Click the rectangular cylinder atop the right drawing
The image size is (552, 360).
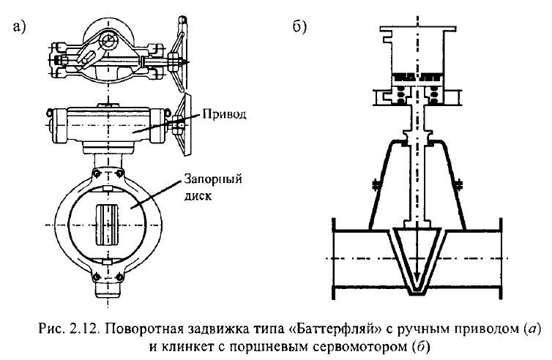point(416,48)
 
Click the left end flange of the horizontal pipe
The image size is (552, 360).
point(334,259)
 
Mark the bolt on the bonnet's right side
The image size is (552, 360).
point(459,184)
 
